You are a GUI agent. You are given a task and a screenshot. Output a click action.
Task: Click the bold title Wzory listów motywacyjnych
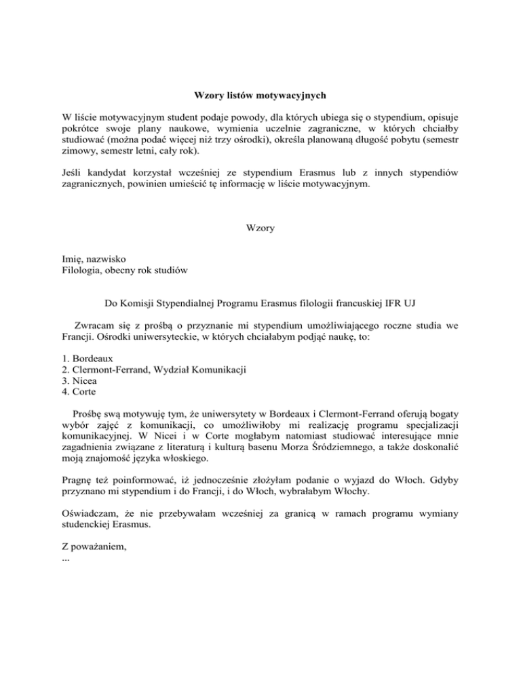pyautogui.click(x=260, y=95)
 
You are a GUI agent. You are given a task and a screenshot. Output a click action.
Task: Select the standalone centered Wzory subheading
pyautogui.click(x=260, y=229)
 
